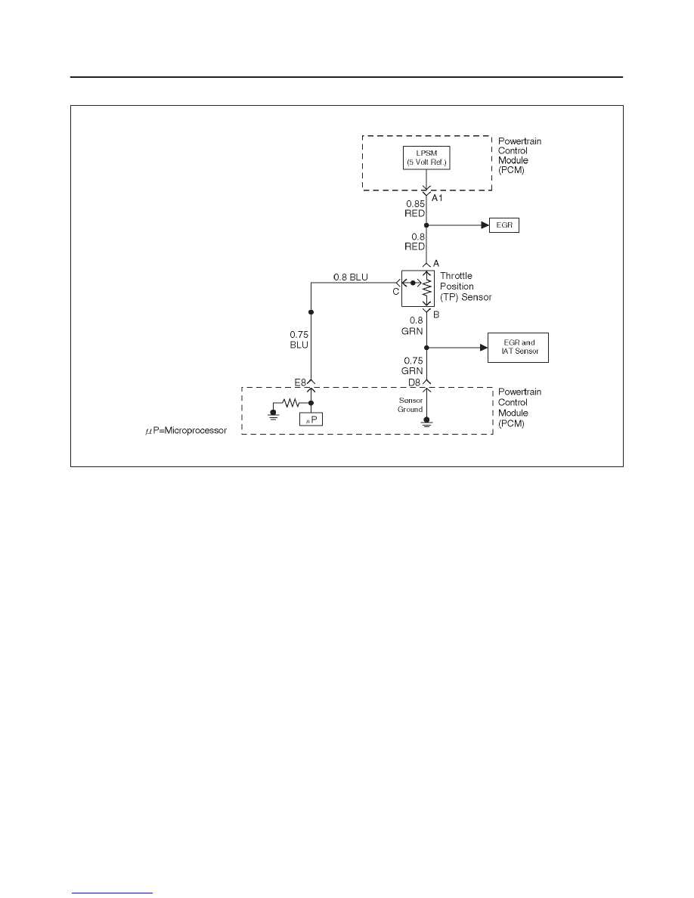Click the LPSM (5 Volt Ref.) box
(x=426, y=157)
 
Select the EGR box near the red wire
(x=504, y=225)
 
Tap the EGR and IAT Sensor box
(x=518, y=347)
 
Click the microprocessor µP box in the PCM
(x=311, y=420)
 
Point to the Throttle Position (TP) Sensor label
(x=466, y=286)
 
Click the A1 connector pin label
(x=437, y=197)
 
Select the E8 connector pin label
(x=301, y=382)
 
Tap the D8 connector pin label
(x=414, y=382)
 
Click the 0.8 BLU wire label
(x=351, y=277)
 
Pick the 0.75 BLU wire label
(x=299, y=339)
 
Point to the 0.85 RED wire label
(x=415, y=209)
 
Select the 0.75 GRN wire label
(x=413, y=365)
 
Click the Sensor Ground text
(x=411, y=405)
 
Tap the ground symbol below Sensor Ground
(x=426, y=423)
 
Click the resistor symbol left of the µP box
(x=291, y=403)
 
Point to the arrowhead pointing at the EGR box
(x=485, y=225)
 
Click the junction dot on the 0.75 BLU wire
(x=311, y=312)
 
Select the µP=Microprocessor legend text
(x=186, y=431)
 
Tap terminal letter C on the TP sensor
(x=395, y=292)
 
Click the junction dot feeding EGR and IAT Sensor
(x=426, y=348)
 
